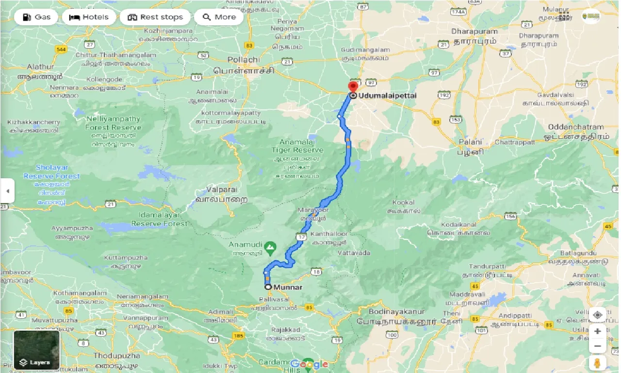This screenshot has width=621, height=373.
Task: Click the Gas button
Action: pos(36,17)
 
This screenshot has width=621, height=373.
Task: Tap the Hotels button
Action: pos(89,17)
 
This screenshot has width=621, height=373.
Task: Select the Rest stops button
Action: pos(155,17)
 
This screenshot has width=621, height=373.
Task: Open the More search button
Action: pos(219,17)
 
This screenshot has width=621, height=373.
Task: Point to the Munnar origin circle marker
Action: pos(267,287)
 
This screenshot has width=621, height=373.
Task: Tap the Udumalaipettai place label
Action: pos(387,96)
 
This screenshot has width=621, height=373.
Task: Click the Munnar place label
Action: pos(288,287)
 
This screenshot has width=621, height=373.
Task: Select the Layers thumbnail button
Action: pos(36,350)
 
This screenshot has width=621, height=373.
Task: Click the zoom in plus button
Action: pos(597,331)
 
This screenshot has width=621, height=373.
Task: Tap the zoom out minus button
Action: pos(597,346)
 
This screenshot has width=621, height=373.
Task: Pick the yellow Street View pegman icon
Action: pos(597,363)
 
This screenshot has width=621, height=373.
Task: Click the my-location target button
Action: pos(597,314)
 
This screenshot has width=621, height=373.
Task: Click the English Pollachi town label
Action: pos(244,60)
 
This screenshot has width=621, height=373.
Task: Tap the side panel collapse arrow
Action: pos(7,191)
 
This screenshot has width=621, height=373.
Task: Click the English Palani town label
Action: pos(471,142)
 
